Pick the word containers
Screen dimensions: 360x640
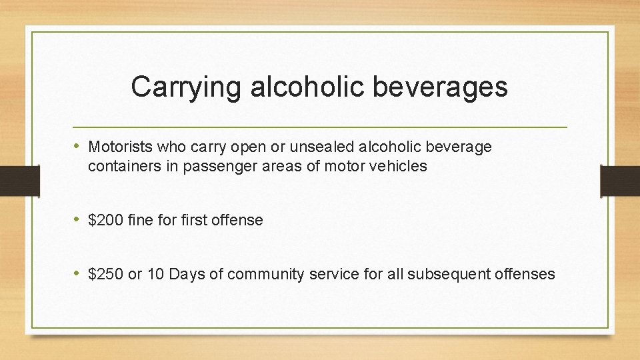tap(123, 167)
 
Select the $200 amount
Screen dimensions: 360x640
tap(105, 220)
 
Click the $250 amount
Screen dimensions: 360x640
tap(105, 274)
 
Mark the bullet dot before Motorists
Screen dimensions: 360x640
tap(78, 146)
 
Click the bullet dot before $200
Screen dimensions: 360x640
tap(78, 219)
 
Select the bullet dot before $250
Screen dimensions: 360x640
tap(78, 273)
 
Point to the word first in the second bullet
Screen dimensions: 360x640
tap(194, 220)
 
